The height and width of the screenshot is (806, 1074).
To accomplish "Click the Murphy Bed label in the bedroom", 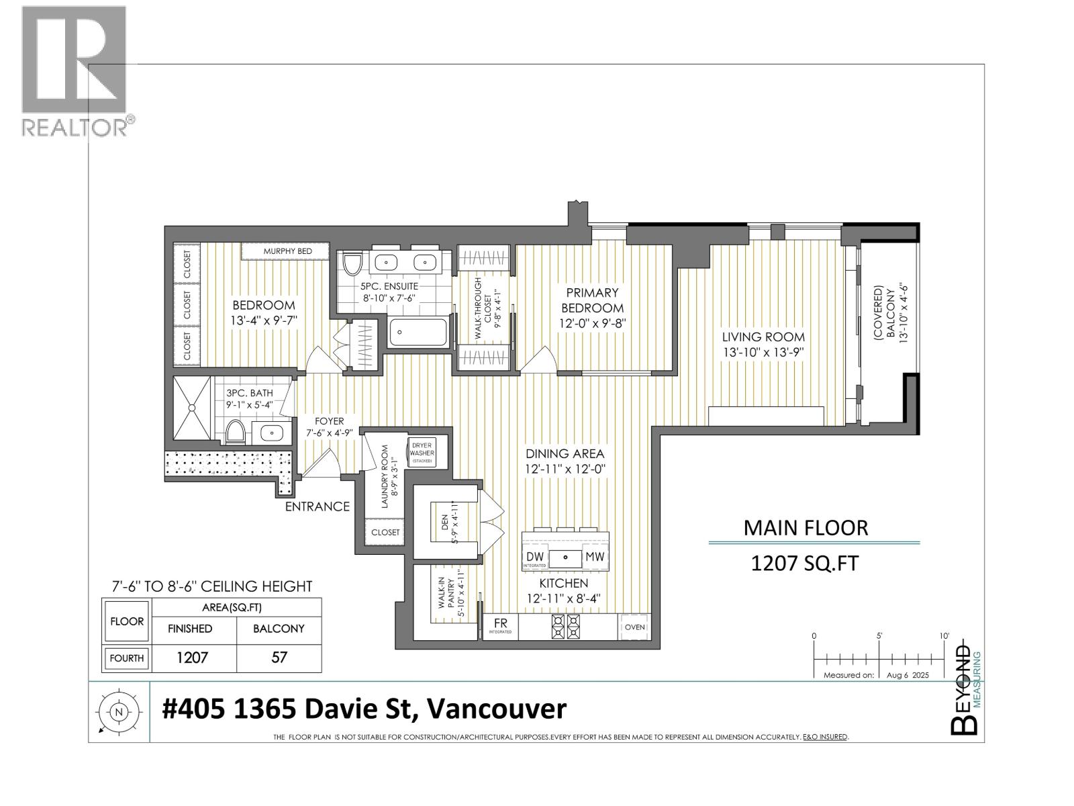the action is click(288, 251).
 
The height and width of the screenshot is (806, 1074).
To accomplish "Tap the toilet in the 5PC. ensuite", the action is click(351, 263).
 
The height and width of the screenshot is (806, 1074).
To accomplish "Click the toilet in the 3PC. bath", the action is click(236, 433).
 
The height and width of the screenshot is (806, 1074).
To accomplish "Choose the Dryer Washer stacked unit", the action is click(422, 453).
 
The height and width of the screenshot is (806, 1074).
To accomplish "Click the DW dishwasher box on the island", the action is click(535, 557).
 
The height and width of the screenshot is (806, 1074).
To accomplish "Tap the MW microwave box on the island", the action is click(595, 556).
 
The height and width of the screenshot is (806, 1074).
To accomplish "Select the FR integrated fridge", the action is click(501, 627).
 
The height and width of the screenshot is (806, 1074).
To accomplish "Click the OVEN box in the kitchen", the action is click(634, 627).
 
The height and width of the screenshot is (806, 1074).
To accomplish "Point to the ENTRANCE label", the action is click(318, 506).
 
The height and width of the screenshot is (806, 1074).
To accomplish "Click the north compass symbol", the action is click(119, 712).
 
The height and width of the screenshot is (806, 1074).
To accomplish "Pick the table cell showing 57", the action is click(279, 658).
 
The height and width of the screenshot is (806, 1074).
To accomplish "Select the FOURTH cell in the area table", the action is click(127, 658).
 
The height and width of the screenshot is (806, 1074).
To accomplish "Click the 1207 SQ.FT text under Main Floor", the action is click(805, 564).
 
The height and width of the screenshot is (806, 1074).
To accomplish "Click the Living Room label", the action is click(763, 337).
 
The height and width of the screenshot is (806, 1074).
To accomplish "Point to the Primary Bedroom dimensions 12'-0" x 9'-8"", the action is click(593, 324).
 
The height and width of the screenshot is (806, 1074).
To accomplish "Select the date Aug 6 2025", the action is click(908, 675).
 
